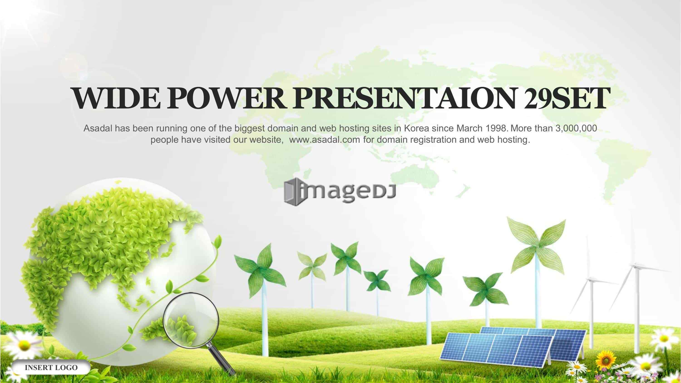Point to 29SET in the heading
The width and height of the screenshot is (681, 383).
pyautogui.click(x=566, y=98)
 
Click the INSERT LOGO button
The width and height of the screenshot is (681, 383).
pyautogui.click(x=51, y=367)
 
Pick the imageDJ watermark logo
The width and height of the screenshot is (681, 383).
pyautogui.click(x=340, y=192)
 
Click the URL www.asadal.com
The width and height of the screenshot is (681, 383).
pyautogui.click(x=325, y=139)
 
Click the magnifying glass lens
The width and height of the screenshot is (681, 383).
pyautogui.click(x=191, y=319)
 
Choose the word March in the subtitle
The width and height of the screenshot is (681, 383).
pyautogui.click(x=469, y=128)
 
